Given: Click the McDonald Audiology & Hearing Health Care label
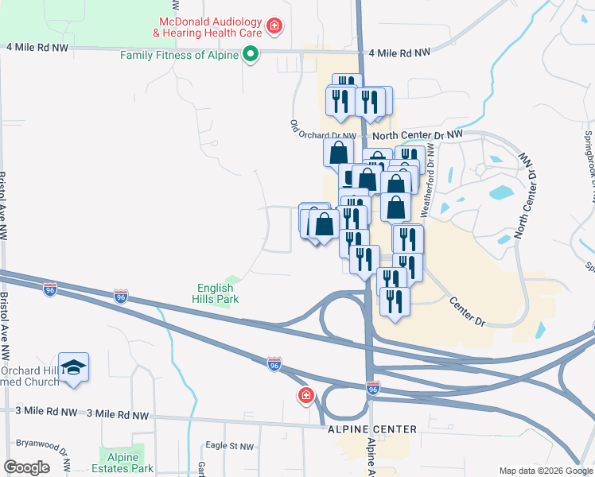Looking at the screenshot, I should pos(210,27).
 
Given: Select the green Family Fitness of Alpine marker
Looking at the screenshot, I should pos(251,55).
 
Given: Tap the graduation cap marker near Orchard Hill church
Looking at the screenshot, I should pos(74,366).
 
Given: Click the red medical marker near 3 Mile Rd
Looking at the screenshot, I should pos(305,396).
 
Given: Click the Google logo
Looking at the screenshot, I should pos(26,467).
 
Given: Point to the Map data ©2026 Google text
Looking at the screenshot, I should pos(545,471).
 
